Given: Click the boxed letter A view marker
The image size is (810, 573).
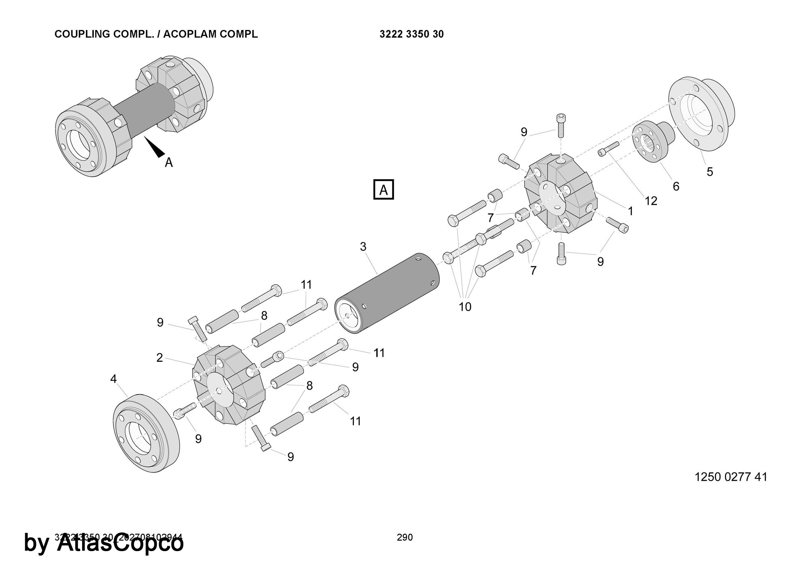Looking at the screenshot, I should point(383,189).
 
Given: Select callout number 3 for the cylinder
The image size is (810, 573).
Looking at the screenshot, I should point(363,246).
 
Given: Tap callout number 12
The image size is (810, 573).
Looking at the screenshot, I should point(651,201).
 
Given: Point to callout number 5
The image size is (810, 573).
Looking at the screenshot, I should point(710,172).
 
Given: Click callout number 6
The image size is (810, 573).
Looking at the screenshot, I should point(676,186).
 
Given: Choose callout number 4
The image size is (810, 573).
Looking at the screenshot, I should point(113,379).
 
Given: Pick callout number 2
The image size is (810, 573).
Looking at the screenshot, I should point(160,357).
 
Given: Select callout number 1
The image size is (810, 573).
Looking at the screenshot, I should point(630,211).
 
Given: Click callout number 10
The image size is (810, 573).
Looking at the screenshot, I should point(465,307).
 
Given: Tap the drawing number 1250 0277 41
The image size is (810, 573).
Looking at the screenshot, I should point(731,477).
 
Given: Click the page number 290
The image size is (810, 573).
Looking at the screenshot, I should point(405,537).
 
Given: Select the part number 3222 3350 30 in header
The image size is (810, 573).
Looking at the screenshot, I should point(411,34).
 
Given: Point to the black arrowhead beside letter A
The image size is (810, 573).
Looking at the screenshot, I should point(154,147).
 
